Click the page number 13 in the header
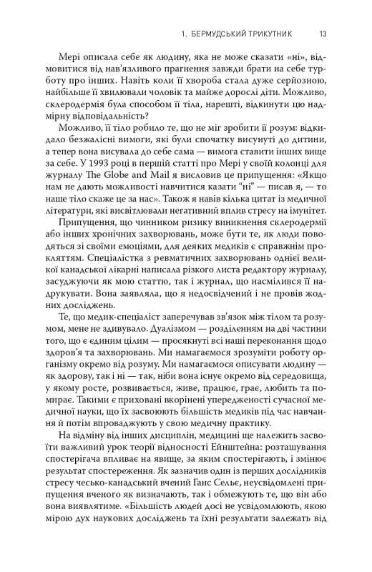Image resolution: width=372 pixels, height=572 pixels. pos(323,33)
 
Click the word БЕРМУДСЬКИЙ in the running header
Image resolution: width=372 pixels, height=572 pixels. pos(222,33)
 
